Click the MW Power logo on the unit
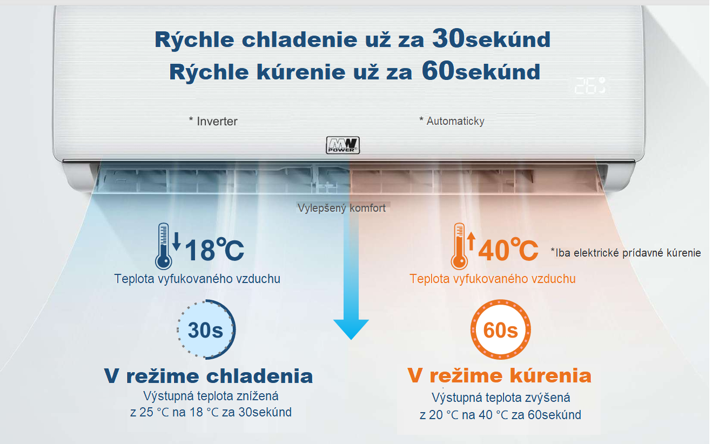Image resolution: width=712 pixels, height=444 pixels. (343, 145)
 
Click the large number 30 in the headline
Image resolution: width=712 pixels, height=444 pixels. (448, 38)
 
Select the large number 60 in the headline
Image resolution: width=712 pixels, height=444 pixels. (438, 71)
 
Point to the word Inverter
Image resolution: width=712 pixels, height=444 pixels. (217, 122)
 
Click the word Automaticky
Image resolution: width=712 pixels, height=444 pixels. (455, 121)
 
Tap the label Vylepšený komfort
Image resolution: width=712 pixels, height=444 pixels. (342, 208)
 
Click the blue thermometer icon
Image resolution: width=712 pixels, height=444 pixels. (163, 246)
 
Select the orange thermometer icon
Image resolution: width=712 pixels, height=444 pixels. (459, 246)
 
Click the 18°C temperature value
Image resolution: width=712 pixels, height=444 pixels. (214, 250)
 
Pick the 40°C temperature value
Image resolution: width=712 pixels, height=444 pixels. (508, 250)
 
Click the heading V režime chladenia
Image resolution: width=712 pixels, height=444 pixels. (209, 376)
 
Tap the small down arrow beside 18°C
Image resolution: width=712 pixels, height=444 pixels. (177, 241)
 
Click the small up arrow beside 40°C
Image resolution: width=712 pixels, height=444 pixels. (471, 241)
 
